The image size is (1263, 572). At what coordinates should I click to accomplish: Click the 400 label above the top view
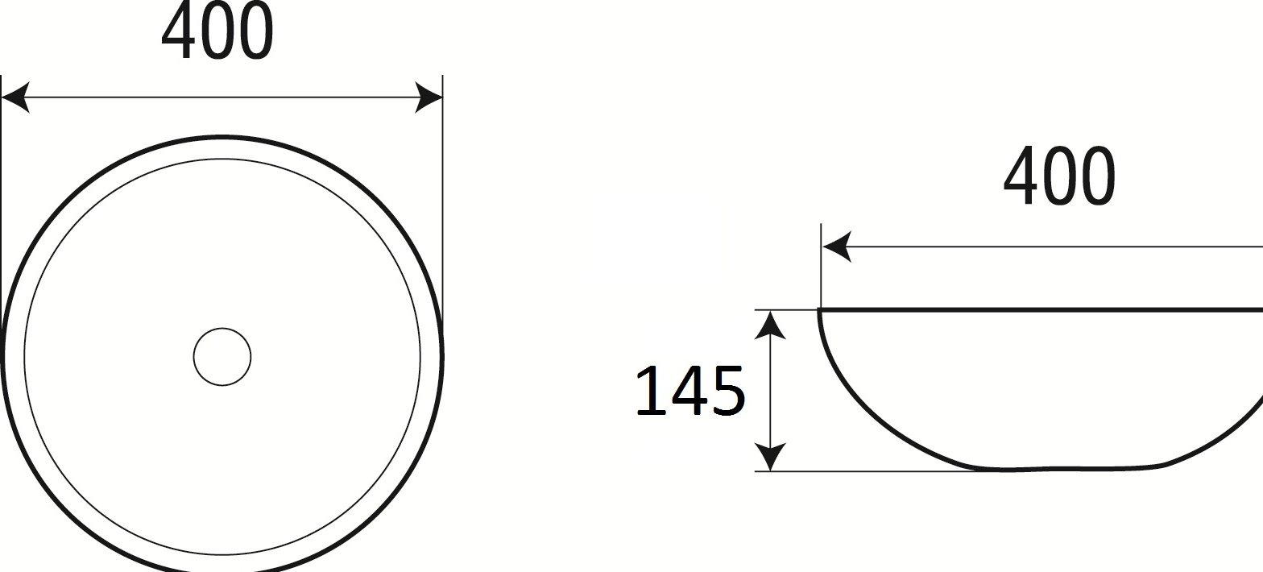217,31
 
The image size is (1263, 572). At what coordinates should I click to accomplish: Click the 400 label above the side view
1059,176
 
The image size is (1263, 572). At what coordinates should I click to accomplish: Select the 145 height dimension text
689,391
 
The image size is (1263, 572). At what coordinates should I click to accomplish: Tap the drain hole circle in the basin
222,357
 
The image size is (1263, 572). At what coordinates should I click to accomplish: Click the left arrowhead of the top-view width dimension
15,97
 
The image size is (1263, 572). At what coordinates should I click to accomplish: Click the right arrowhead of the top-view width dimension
429,97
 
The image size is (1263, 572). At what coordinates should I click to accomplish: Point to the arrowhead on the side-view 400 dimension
837,247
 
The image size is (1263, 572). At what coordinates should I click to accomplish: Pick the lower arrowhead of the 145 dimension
770,457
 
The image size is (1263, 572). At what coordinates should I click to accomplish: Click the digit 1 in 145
648,391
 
